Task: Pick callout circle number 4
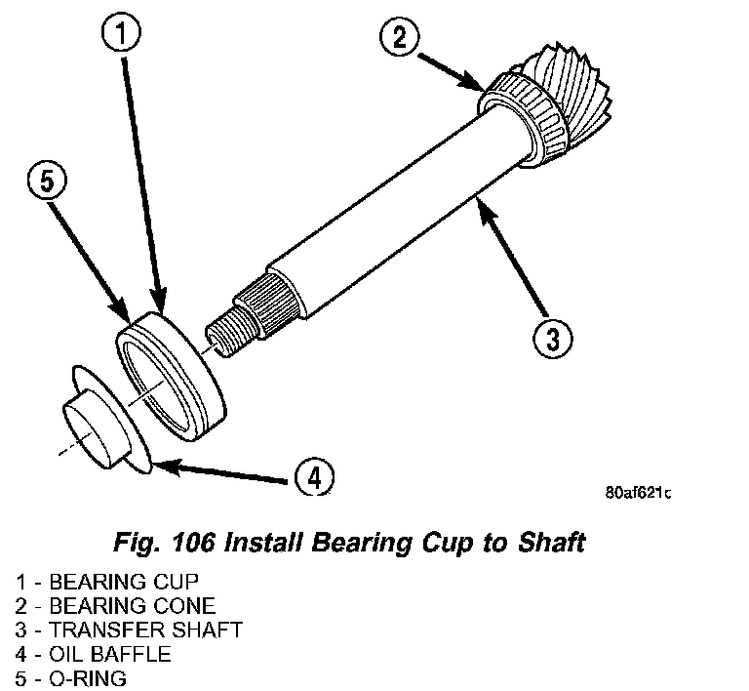tap(311, 478)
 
